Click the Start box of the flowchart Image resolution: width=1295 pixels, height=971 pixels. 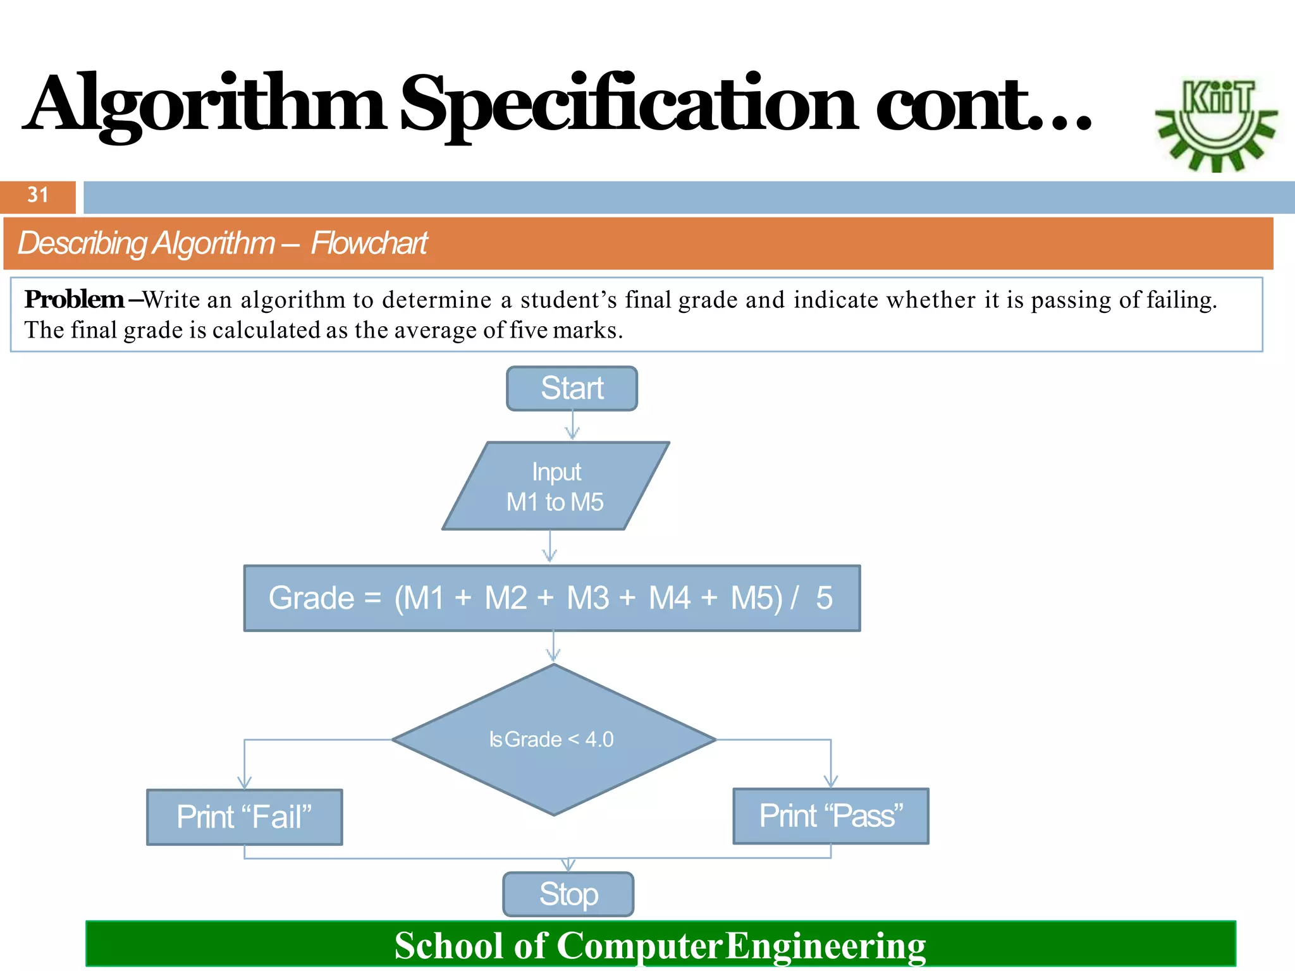click(572, 388)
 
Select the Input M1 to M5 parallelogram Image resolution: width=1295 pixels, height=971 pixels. click(555, 486)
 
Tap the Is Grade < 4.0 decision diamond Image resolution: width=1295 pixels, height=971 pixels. click(553, 739)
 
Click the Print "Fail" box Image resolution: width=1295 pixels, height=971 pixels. click(244, 817)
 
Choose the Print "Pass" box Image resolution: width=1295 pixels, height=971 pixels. click(830, 816)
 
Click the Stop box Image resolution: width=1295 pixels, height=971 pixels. click(568, 894)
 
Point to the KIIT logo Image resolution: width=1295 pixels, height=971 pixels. click(1216, 123)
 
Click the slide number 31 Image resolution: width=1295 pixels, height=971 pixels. click(38, 195)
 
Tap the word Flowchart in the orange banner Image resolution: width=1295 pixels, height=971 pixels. click(369, 243)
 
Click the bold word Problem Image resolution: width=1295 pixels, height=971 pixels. click(74, 300)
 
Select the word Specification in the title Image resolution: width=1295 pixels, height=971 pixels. click(629, 104)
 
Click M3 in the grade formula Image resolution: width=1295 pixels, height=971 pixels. click(587, 598)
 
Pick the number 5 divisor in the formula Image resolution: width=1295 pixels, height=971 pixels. click(824, 598)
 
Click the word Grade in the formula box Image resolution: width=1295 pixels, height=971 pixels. click(311, 598)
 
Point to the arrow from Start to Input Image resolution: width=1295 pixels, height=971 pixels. click(572, 425)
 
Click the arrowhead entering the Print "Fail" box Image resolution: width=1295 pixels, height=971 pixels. click(244, 783)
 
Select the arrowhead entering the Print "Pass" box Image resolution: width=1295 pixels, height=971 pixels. click(830, 781)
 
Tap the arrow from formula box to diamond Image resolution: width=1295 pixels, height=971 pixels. click(553, 647)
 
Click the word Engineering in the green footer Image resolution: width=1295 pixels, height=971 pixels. click(825, 946)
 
